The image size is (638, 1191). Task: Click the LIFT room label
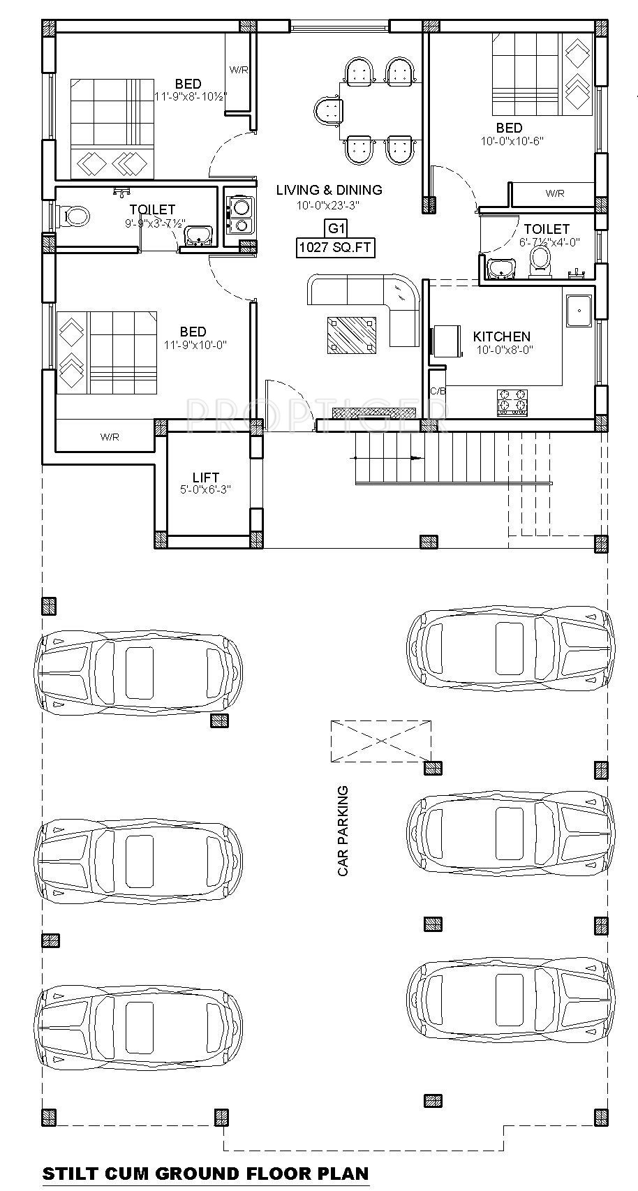pos(207,477)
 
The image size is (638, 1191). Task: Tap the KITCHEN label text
pos(502,336)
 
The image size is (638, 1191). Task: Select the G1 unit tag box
pos(336,229)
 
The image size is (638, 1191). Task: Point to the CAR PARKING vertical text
pos(343,831)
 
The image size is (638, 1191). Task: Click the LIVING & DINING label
pos(329,190)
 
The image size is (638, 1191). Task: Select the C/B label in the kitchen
pos(438,391)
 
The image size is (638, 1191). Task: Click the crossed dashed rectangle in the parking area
pos(380,741)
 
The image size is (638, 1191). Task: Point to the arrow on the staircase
pos(387,458)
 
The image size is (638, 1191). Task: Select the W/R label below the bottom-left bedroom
pos(110,437)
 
